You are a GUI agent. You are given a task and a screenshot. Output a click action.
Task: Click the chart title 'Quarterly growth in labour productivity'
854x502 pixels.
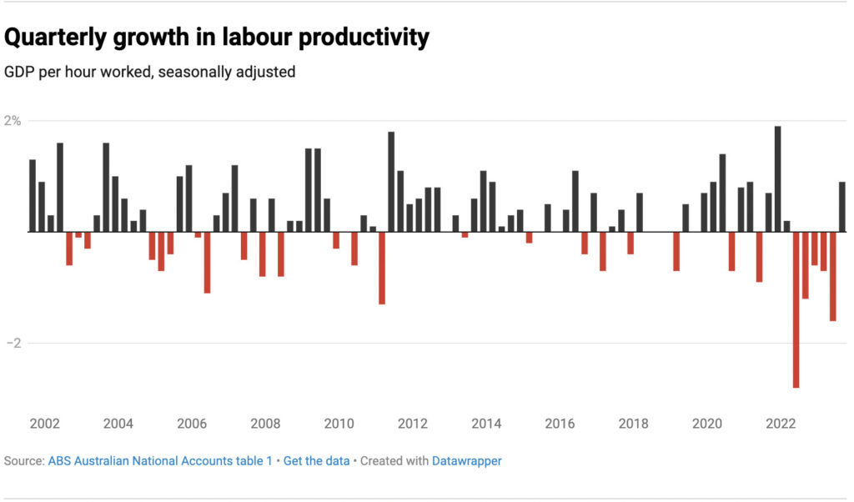[217, 38]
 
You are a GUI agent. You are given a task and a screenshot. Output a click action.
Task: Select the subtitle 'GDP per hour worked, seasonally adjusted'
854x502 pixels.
[150, 73]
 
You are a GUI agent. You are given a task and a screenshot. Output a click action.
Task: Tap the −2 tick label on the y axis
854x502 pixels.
[14, 343]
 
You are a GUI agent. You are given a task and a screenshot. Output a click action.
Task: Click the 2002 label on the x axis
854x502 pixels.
[44, 424]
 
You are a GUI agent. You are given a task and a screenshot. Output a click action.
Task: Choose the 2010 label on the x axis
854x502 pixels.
[339, 424]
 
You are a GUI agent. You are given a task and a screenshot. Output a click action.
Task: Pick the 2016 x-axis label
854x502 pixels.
[560, 424]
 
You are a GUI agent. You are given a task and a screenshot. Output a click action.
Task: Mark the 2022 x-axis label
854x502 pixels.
[781, 424]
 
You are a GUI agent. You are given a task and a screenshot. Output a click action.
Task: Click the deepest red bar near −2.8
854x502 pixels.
[796, 309]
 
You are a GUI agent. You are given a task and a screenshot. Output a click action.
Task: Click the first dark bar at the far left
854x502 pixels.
[33, 195]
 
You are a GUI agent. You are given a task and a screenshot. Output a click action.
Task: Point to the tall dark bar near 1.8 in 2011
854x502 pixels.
[391, 182]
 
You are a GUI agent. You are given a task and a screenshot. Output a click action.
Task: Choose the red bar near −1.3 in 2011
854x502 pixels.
[382, 268]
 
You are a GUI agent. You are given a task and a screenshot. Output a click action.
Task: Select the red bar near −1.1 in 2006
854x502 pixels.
[207, 262]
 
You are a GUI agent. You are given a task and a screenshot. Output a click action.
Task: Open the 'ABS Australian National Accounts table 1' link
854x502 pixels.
[160, 460]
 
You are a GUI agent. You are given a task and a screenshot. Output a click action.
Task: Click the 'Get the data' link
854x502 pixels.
[316, 460]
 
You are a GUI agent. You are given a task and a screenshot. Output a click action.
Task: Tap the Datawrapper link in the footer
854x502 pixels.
[466, 460]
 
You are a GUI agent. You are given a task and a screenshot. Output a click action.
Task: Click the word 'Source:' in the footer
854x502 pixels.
[24, 460]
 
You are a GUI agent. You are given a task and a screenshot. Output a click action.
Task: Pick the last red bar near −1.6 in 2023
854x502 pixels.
[832, 276]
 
